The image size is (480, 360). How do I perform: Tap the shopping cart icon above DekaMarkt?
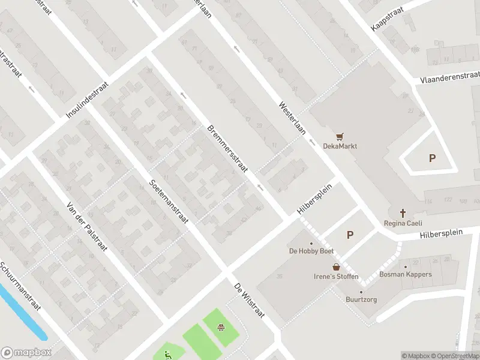[x=341, y=136]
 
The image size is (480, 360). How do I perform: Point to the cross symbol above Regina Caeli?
[x=403, y=213]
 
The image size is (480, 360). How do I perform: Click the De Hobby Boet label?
[x=311, y=251]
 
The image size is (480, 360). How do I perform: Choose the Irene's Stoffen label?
[x=336, y=277]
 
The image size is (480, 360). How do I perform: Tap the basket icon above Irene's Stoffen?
[x=337, y=266]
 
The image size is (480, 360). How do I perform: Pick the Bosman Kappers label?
[x=405, y=275]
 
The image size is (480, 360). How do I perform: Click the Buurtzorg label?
[x=361, y=299]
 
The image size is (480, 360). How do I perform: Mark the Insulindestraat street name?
[x=87, y=100]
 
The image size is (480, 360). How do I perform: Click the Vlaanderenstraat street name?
[x=449, y=77]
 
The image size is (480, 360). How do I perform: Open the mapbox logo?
[x=26, y=352]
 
